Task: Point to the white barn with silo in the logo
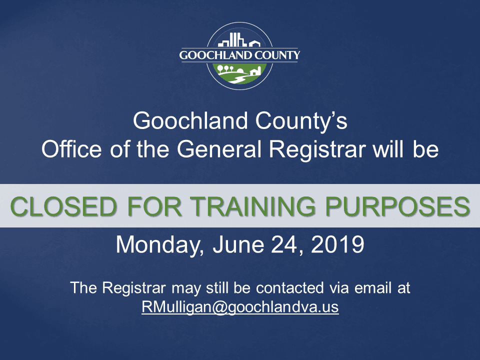(x=254, y=71)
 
